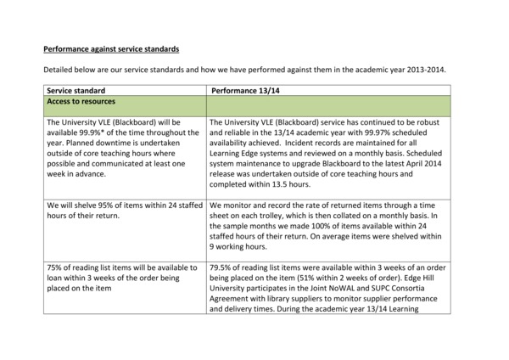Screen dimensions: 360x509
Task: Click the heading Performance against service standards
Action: [x=111, y=49]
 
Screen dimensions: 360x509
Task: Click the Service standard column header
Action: [x=76, y=90]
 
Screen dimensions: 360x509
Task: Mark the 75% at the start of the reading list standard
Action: [x=56, y=268]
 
